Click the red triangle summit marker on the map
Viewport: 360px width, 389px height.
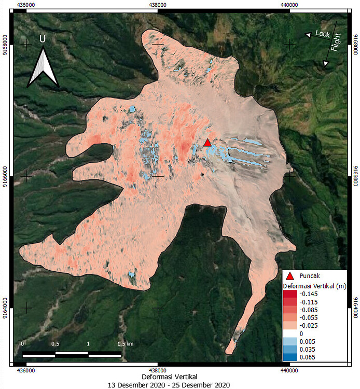tap(207, 143)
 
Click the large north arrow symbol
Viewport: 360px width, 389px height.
tap(43, 66)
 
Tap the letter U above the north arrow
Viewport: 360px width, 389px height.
tap(43, 39)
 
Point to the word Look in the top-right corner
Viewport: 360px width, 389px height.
tap(323, 33)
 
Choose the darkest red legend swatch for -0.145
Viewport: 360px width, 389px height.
tap(289, 294)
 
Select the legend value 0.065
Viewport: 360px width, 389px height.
tap(307, 357)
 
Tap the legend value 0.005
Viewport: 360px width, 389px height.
tap(307, 341)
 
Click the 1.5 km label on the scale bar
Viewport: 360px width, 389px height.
tap(124, 344)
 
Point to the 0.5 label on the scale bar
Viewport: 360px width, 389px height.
tap(56, 344)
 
